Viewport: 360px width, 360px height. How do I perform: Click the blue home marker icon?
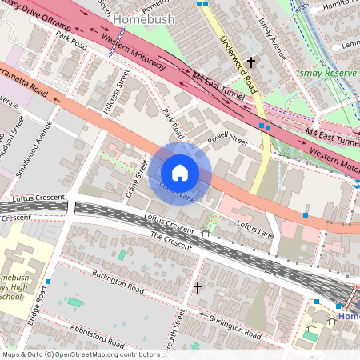(x=180, y=172)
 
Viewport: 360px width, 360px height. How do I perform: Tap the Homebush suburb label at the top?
(x=142, y=18)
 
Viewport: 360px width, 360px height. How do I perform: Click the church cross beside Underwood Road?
(x=251, y=62)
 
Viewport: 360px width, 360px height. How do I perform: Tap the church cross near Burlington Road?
(x=198, y=287)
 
